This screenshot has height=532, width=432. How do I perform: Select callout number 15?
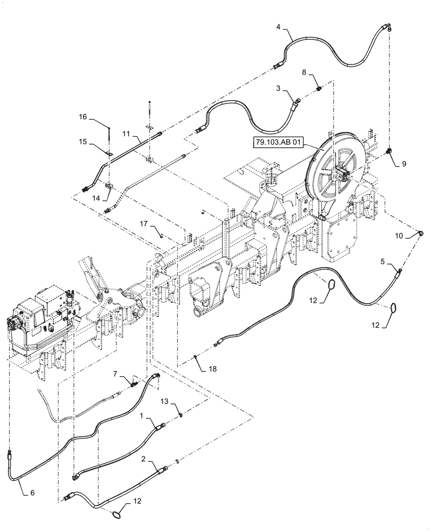click(x=83, y=143)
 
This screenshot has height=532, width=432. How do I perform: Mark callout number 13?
click(x=165, y=402)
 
